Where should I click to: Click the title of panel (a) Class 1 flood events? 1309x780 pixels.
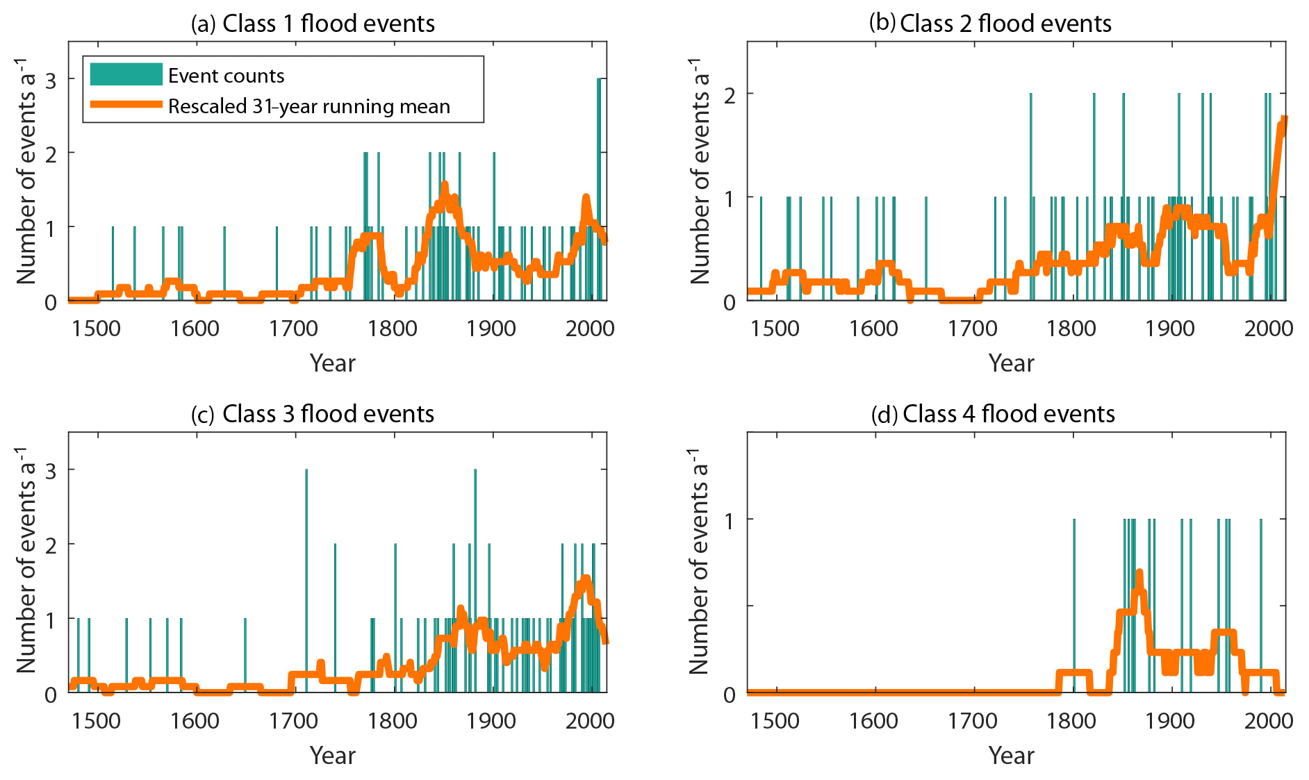pos(313,24)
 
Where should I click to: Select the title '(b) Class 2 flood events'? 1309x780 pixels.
pos(990,24)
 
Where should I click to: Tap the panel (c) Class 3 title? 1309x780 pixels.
pos(313,414)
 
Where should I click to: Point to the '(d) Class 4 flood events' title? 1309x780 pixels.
pos(993,414)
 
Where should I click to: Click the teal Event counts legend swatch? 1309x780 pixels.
pos(126,75)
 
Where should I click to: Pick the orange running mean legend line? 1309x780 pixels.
pos(126,105)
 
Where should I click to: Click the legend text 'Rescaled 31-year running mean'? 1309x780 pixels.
pos(309,106)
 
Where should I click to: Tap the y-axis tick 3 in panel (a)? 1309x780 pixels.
pos(51,80)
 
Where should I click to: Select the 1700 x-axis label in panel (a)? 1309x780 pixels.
pos(293,328)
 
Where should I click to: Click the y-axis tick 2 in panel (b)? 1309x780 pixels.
pos(730,94)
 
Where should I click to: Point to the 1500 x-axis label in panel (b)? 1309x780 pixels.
pos(775,328)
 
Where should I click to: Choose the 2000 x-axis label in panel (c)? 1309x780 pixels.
pos(590,720)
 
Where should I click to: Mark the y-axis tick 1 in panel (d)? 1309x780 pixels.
pos(730,520)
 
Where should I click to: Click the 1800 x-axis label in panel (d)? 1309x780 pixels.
pos(1071,720)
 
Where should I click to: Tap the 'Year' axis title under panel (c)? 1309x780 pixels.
pos(332,756)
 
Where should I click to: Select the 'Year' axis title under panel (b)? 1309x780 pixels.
pos(1011,363)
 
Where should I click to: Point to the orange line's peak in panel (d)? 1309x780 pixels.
pos(1139,572)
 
